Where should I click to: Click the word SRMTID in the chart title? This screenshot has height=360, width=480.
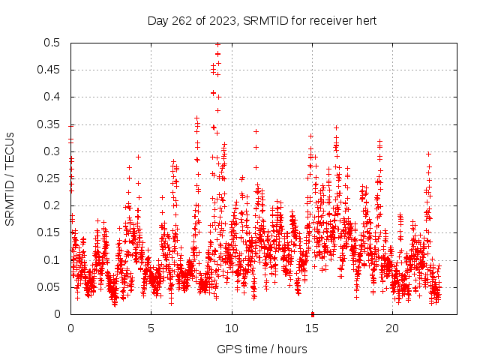pyautogui.click(x=263, y=20)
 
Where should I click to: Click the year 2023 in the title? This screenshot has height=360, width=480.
pyautogui.click(x=223, y=20)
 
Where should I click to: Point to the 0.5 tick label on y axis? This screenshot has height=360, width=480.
pyautogui.click(x=51, y=43)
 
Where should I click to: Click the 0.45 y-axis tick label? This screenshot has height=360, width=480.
pyautogui.click(x=48, y=70)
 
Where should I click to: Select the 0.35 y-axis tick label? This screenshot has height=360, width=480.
pyautogui.click(x=48, y=124)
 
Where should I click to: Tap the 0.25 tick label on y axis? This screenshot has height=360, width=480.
pyautogui.click(x=48, y=178)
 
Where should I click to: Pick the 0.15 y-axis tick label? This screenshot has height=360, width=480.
pyautogui.click(x=48, y=232)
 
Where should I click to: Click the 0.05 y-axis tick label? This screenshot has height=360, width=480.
pyautogui.click(x=48, y=287)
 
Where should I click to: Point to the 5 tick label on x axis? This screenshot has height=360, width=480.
pyautogui.click(x=151, y=328)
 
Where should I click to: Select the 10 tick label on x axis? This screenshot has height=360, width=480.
pyautogui.click(x=232, y=328)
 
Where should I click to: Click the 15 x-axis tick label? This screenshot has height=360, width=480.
pyautogui.click(x=312, y=328)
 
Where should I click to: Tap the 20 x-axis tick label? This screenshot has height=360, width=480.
pyautogui.click(x=392, y=328)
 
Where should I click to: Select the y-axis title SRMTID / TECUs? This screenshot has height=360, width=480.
pyautogui.click(x=10, y=178)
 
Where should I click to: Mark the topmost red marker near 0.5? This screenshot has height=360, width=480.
pyautogui.click(x=217, y=44)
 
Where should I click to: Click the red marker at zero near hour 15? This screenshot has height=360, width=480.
pyautogui.click(x=312, y=313)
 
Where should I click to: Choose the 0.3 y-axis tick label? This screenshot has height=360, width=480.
pyautogui.click(x=51, y=151)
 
